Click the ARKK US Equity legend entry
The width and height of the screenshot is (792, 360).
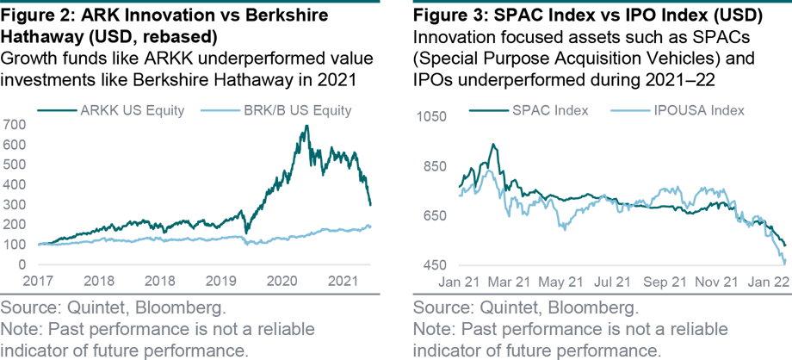(108, 111)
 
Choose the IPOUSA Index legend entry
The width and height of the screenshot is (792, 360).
(676, 111)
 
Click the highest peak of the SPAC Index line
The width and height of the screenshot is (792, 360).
(493, 144)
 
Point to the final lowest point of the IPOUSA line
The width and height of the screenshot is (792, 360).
(784, 264)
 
